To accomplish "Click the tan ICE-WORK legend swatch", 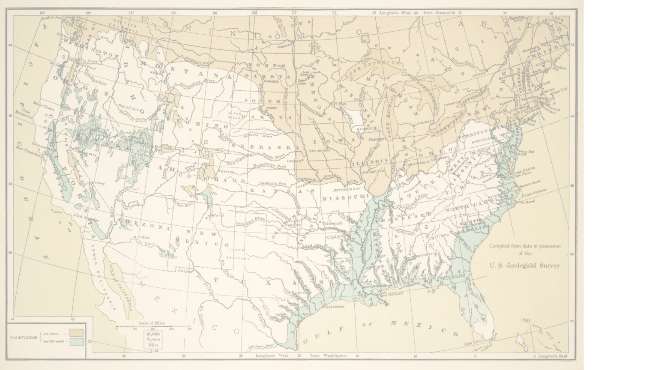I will point(77,332).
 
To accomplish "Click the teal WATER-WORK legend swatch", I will point(77,341).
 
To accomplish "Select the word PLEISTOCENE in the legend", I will point(24,337).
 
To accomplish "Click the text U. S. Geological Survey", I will point(525,266).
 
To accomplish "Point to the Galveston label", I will point(335,307).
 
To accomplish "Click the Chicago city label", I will point(376,139).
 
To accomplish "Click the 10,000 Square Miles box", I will point(153,339).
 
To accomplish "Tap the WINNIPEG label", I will point(284,45).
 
